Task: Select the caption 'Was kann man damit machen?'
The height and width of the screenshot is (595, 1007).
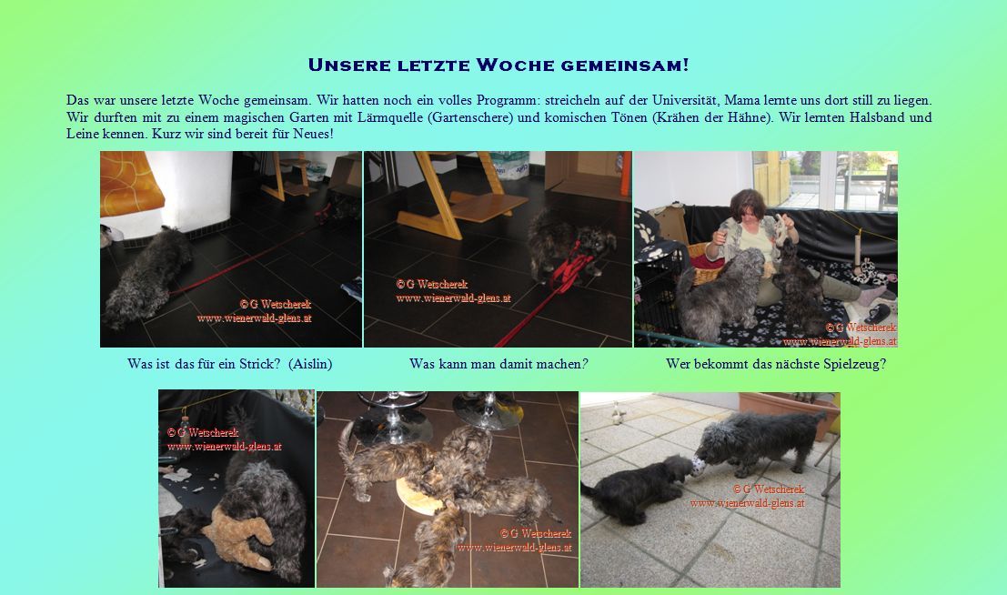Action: coord(498,364)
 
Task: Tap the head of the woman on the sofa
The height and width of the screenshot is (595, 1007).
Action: coord(749,204)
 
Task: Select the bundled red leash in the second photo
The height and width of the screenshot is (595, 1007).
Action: coord(568,268)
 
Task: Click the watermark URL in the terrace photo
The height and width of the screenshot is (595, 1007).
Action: coord(747,503)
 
